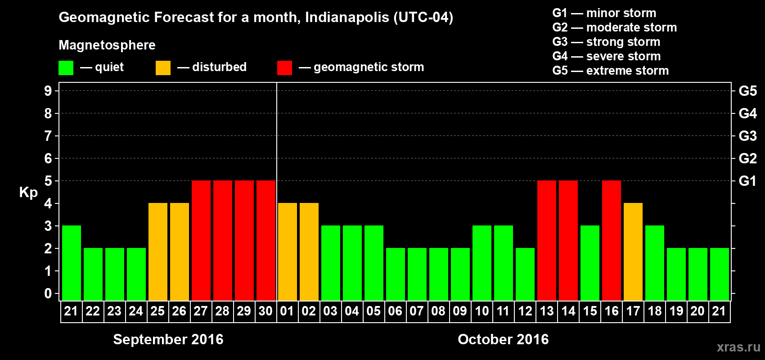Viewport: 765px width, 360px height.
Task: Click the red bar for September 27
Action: coord(201,240)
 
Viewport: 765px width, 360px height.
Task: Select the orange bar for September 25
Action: coord(157,252)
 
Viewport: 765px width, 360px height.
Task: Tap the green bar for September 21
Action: coord(71,263)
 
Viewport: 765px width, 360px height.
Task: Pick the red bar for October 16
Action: coord(611,240)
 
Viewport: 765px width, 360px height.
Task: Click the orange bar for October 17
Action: coord(633,252)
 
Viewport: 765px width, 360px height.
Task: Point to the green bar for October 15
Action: coord(589,263)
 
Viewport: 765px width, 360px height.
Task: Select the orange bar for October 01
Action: coord(287,252)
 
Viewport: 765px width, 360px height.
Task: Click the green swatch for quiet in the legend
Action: coord(66,68)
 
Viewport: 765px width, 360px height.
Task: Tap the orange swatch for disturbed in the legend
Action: coord(163,68)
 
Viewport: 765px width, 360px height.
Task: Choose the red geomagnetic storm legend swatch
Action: coord(284,68)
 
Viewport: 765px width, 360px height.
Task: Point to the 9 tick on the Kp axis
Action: coord(48,91)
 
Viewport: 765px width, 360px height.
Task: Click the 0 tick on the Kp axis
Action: coord(48,293)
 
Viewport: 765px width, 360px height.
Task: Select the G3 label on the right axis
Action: coord(747,136)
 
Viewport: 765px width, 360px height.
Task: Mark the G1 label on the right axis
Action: coord(747,181)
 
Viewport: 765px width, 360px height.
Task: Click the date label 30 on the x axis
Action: coord(265,311)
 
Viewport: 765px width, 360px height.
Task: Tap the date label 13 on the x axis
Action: coord(546,311)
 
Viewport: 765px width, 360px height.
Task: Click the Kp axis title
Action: coord(28,193)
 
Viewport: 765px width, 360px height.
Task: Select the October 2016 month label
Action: coord(503,339)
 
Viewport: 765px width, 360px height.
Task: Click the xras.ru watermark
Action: coord(738,347)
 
